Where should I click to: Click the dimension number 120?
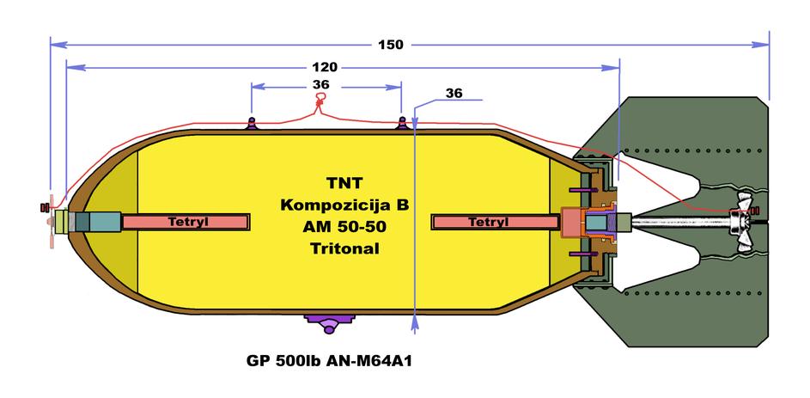[325, 67]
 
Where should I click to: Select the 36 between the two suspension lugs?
[321, 85]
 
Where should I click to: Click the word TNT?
[344, 184]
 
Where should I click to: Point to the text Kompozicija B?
[344, 205]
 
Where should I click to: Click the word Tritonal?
[344, 248]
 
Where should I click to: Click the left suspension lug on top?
[252, 122]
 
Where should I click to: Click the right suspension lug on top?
[401, 122]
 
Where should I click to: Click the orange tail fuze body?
[570, 222]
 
